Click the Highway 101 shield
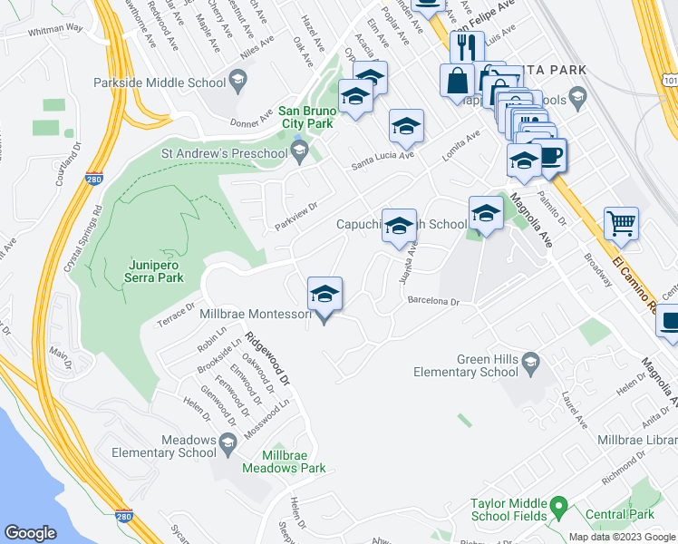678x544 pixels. pos(669,81)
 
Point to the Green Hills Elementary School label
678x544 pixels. pos(466,365)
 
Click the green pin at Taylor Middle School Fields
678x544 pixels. pos(559,504)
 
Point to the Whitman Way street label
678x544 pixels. pos(54,29)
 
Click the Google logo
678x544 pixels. pos(31,532)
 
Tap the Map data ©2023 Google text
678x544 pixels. pos(623,537)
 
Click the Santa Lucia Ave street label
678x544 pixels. pos(383,160)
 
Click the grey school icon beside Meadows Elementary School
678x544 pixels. pos(228,442)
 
